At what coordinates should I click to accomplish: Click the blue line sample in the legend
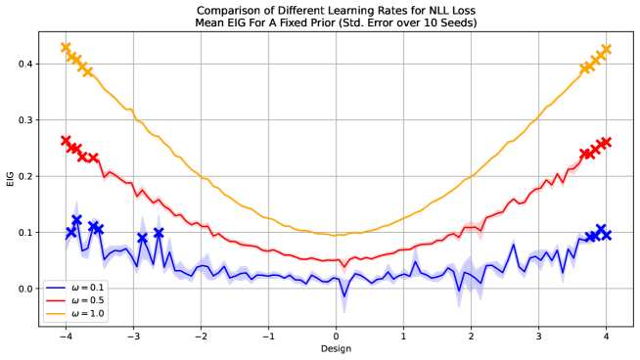pyautogui.click(x=56, y=289)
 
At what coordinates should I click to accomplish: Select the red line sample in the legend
pyautogui.click(x=56, y=301)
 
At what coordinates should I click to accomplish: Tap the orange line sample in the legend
pyautogui.click(x=56, y=314)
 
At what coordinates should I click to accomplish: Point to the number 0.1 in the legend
pyautogui.click(x=97, y=289)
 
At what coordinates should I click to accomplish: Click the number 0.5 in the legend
pyautogui.click(x=97, y=301)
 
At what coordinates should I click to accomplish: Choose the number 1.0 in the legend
pyautogui.click(x=97, y=314)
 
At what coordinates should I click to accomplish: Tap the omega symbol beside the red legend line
pyautogui.click(x=74, y=301)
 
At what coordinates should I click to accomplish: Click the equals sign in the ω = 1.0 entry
pyautogui.click(x=83, y=314)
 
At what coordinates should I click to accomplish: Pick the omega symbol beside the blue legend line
pyautogui.click(x=74, y=289)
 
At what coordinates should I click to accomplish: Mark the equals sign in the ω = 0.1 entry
pyautogui.click(x=83, y=289)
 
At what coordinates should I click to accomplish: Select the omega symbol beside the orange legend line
pyautogui.click(x=74, y=314)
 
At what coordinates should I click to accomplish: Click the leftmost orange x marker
pyautogui.click(x=66, y=47)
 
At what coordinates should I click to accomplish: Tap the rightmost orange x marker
pyautogui.click(x=606, y=49)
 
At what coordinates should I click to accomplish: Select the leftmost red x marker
pyautogui.click(x=66, y=141)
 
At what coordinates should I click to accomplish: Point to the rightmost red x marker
pyautogui.click(x=606, y=143)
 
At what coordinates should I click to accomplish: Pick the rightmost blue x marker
pyautogui.click(x=601, y=230)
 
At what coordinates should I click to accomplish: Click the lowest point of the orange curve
pyautogui.click(x=336, y=235)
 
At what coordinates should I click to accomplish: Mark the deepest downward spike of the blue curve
pyautogui.click(x=343, y=310)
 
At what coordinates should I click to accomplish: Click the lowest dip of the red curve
pyautogui.click(x=343, y=271)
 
